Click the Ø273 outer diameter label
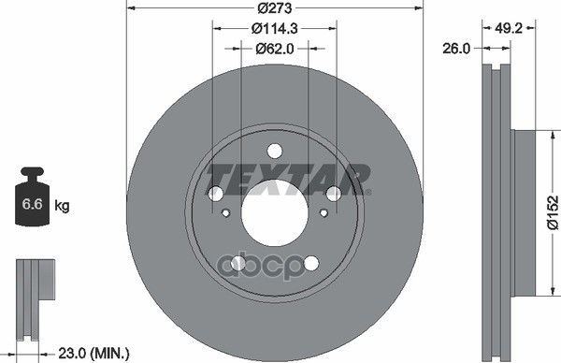click(x=275, y=7)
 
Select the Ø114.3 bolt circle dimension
click(x=274, y=28)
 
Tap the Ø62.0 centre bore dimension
click(x=274, y=49)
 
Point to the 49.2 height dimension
click(x=509, y=28)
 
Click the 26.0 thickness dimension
click(x=456, y=49)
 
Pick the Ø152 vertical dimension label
click(x=553, y=212)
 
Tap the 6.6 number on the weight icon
click(x=32, y=204)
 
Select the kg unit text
click(x=62, y=206)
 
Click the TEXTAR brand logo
click(x=288, y=179)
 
